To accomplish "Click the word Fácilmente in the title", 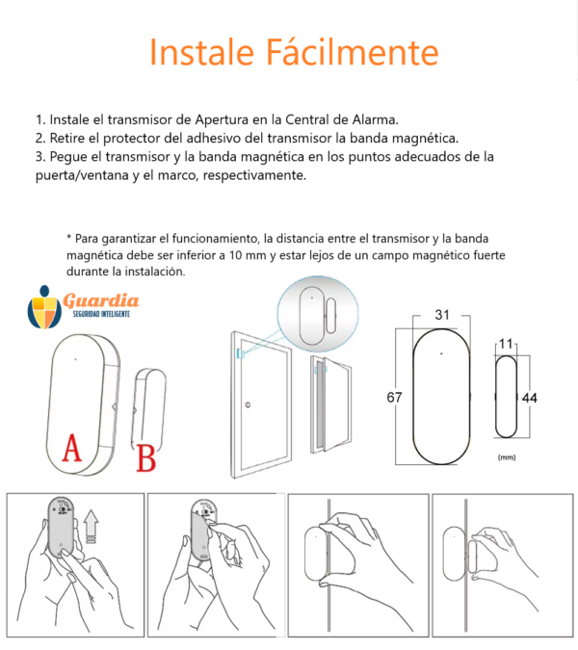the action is (x=352, y=52).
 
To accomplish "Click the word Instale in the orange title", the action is (x=201, y=52).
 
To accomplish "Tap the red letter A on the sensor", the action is (x=71, y=448).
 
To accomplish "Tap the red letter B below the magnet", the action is (x=146, y=458).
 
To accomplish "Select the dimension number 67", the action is (x=394, y=398).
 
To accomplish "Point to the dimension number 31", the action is (x=442, y=315).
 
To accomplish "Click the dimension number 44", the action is (x=530, y=398).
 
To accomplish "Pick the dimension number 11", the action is (x=506, y=344).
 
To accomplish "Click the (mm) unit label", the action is (x=507, y=457).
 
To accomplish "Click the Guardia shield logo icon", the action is (x=44, y=307).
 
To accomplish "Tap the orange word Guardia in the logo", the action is (x=101, y=300).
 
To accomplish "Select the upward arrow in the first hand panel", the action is (x=91, y=526).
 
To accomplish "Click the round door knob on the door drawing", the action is (x=248, y=405).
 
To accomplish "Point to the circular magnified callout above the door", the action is (x=318, y=314).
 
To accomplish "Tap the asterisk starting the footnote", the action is (x=68, y=237).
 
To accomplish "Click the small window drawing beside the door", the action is (x=330, y=404).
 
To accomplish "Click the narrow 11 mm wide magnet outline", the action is (x=507, y=397).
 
